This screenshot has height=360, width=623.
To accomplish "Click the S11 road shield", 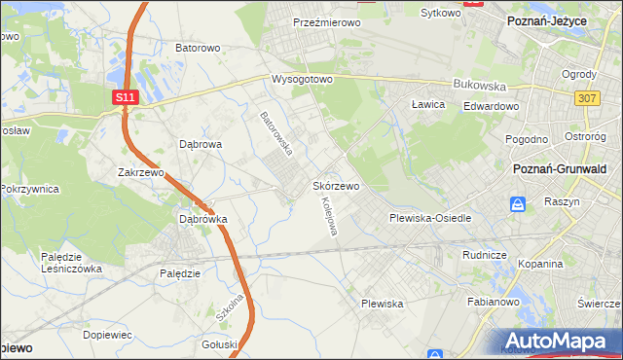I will click(x=124, y=97).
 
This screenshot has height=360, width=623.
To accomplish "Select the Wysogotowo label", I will click(x=303, y=79).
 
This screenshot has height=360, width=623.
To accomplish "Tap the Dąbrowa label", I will click(x=202, y=143).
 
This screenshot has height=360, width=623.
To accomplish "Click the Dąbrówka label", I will click(x=202, y=219).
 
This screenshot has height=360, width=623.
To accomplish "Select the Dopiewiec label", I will click(x=107, y=334).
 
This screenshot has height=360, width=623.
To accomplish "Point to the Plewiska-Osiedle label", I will click(x=430, y=218).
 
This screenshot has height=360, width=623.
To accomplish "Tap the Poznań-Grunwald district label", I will click(x=561, y=168).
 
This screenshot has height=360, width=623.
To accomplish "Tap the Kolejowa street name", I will click(x=329, y=216).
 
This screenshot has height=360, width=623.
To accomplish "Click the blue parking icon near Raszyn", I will click(x=518, y=204).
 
